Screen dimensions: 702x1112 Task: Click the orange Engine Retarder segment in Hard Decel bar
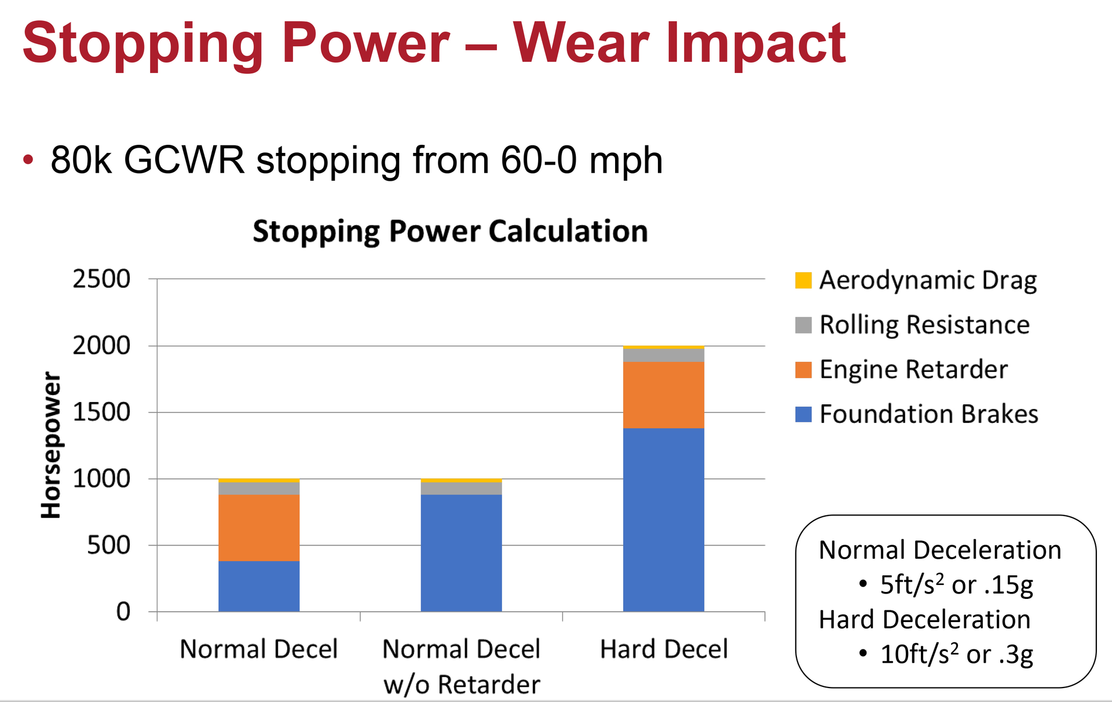[x=663, y=395]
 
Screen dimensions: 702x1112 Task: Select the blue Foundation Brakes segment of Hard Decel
[x=663, y=520]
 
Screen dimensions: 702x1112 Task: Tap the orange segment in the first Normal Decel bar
[x=259, y=528]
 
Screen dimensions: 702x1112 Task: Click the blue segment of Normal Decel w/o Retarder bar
[x=461, y=553]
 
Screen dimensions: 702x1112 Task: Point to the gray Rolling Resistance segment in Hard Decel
[x=663, y=355]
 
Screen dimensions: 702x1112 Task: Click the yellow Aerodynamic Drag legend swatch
[x=803, y=280]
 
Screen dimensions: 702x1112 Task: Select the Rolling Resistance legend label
[x=924, y=325]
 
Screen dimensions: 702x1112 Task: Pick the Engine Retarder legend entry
[x=913, y=370]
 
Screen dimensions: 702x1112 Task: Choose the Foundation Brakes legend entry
[x=928, y=414]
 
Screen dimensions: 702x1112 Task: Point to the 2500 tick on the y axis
[x=101, y=279]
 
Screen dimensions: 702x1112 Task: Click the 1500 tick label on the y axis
[x=101, y=412]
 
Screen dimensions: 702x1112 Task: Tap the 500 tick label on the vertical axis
[x=108, y=546]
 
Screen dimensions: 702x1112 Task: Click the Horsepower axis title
[x=52, y=445]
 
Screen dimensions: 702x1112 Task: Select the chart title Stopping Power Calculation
[x=450, y=231]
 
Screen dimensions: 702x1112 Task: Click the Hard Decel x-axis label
[x=664, y=649]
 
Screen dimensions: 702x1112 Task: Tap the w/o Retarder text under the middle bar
[x=462, y=685]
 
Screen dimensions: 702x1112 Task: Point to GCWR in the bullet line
[x=184, y=160]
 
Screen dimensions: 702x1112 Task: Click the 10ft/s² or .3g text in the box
[x=956, y=655]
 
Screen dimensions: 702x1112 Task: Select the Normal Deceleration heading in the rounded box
[x=939, y=550]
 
